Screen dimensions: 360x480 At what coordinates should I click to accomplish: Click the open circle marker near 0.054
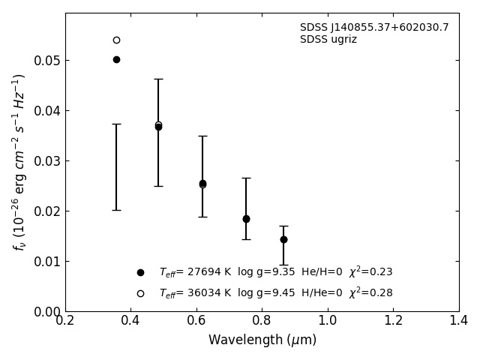pyautogui.click(x=116, y=40)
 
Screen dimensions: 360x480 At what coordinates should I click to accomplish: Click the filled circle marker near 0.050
pyautogui.click(x=116, y=59)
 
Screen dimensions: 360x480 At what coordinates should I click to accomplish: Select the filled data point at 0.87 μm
pyautogui.click(x=283, y=239)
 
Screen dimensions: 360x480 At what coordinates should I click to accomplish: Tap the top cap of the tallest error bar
pyautogui.click(x=158, y=79)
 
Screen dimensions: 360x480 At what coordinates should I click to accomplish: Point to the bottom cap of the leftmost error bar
pyautogui.click(x=116, y=210)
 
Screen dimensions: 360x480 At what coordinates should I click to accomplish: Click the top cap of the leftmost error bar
pyautogui.click(x=116, y=124)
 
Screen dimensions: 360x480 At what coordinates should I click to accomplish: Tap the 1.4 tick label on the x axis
pyautogui.click(x=458, y=321)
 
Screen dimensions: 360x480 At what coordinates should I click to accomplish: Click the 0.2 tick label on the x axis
pyautogui.click(x=65, y=321)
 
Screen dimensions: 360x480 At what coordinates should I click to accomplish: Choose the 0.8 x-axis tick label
pyautogui.click(x=262, y=321)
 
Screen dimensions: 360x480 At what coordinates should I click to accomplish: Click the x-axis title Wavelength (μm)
pyautogui.click(x=262, y=340)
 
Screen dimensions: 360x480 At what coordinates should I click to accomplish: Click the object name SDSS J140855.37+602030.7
pyautogui.click(x=374, y=28)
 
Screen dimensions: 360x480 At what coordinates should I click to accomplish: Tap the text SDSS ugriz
pyautogui.click(x=328, y=40)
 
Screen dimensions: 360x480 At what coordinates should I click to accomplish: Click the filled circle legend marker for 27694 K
pyautogui.click(x=140, y=272)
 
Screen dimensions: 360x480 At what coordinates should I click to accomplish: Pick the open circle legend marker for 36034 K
pyautogui.click(x=140, y=293)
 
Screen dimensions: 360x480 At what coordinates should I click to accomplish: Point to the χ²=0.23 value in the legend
pyautogui.click(x=370, y=272)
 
